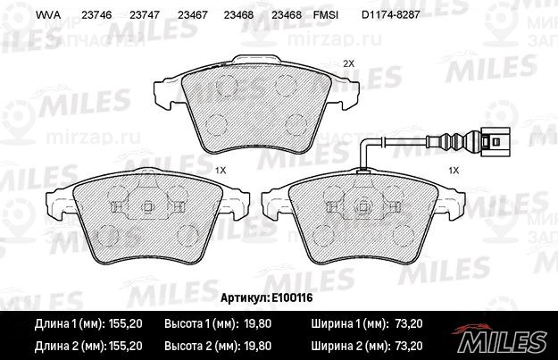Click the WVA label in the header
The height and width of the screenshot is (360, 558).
tap(48, 15)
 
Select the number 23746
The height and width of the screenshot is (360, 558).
tap(96, 15)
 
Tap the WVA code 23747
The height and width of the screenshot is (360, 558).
tap(145, 15)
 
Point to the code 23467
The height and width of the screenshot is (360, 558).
tap(192, 15)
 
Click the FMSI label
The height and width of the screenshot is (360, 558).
tap(326, 15)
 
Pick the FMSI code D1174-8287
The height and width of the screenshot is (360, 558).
tap(391, 15)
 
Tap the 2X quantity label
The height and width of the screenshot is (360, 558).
tap(349, 63)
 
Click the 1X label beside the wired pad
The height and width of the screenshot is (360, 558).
tap(454, 171)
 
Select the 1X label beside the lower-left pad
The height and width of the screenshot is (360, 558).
tap(221, 171)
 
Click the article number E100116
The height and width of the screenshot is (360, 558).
tap(292, 297)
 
